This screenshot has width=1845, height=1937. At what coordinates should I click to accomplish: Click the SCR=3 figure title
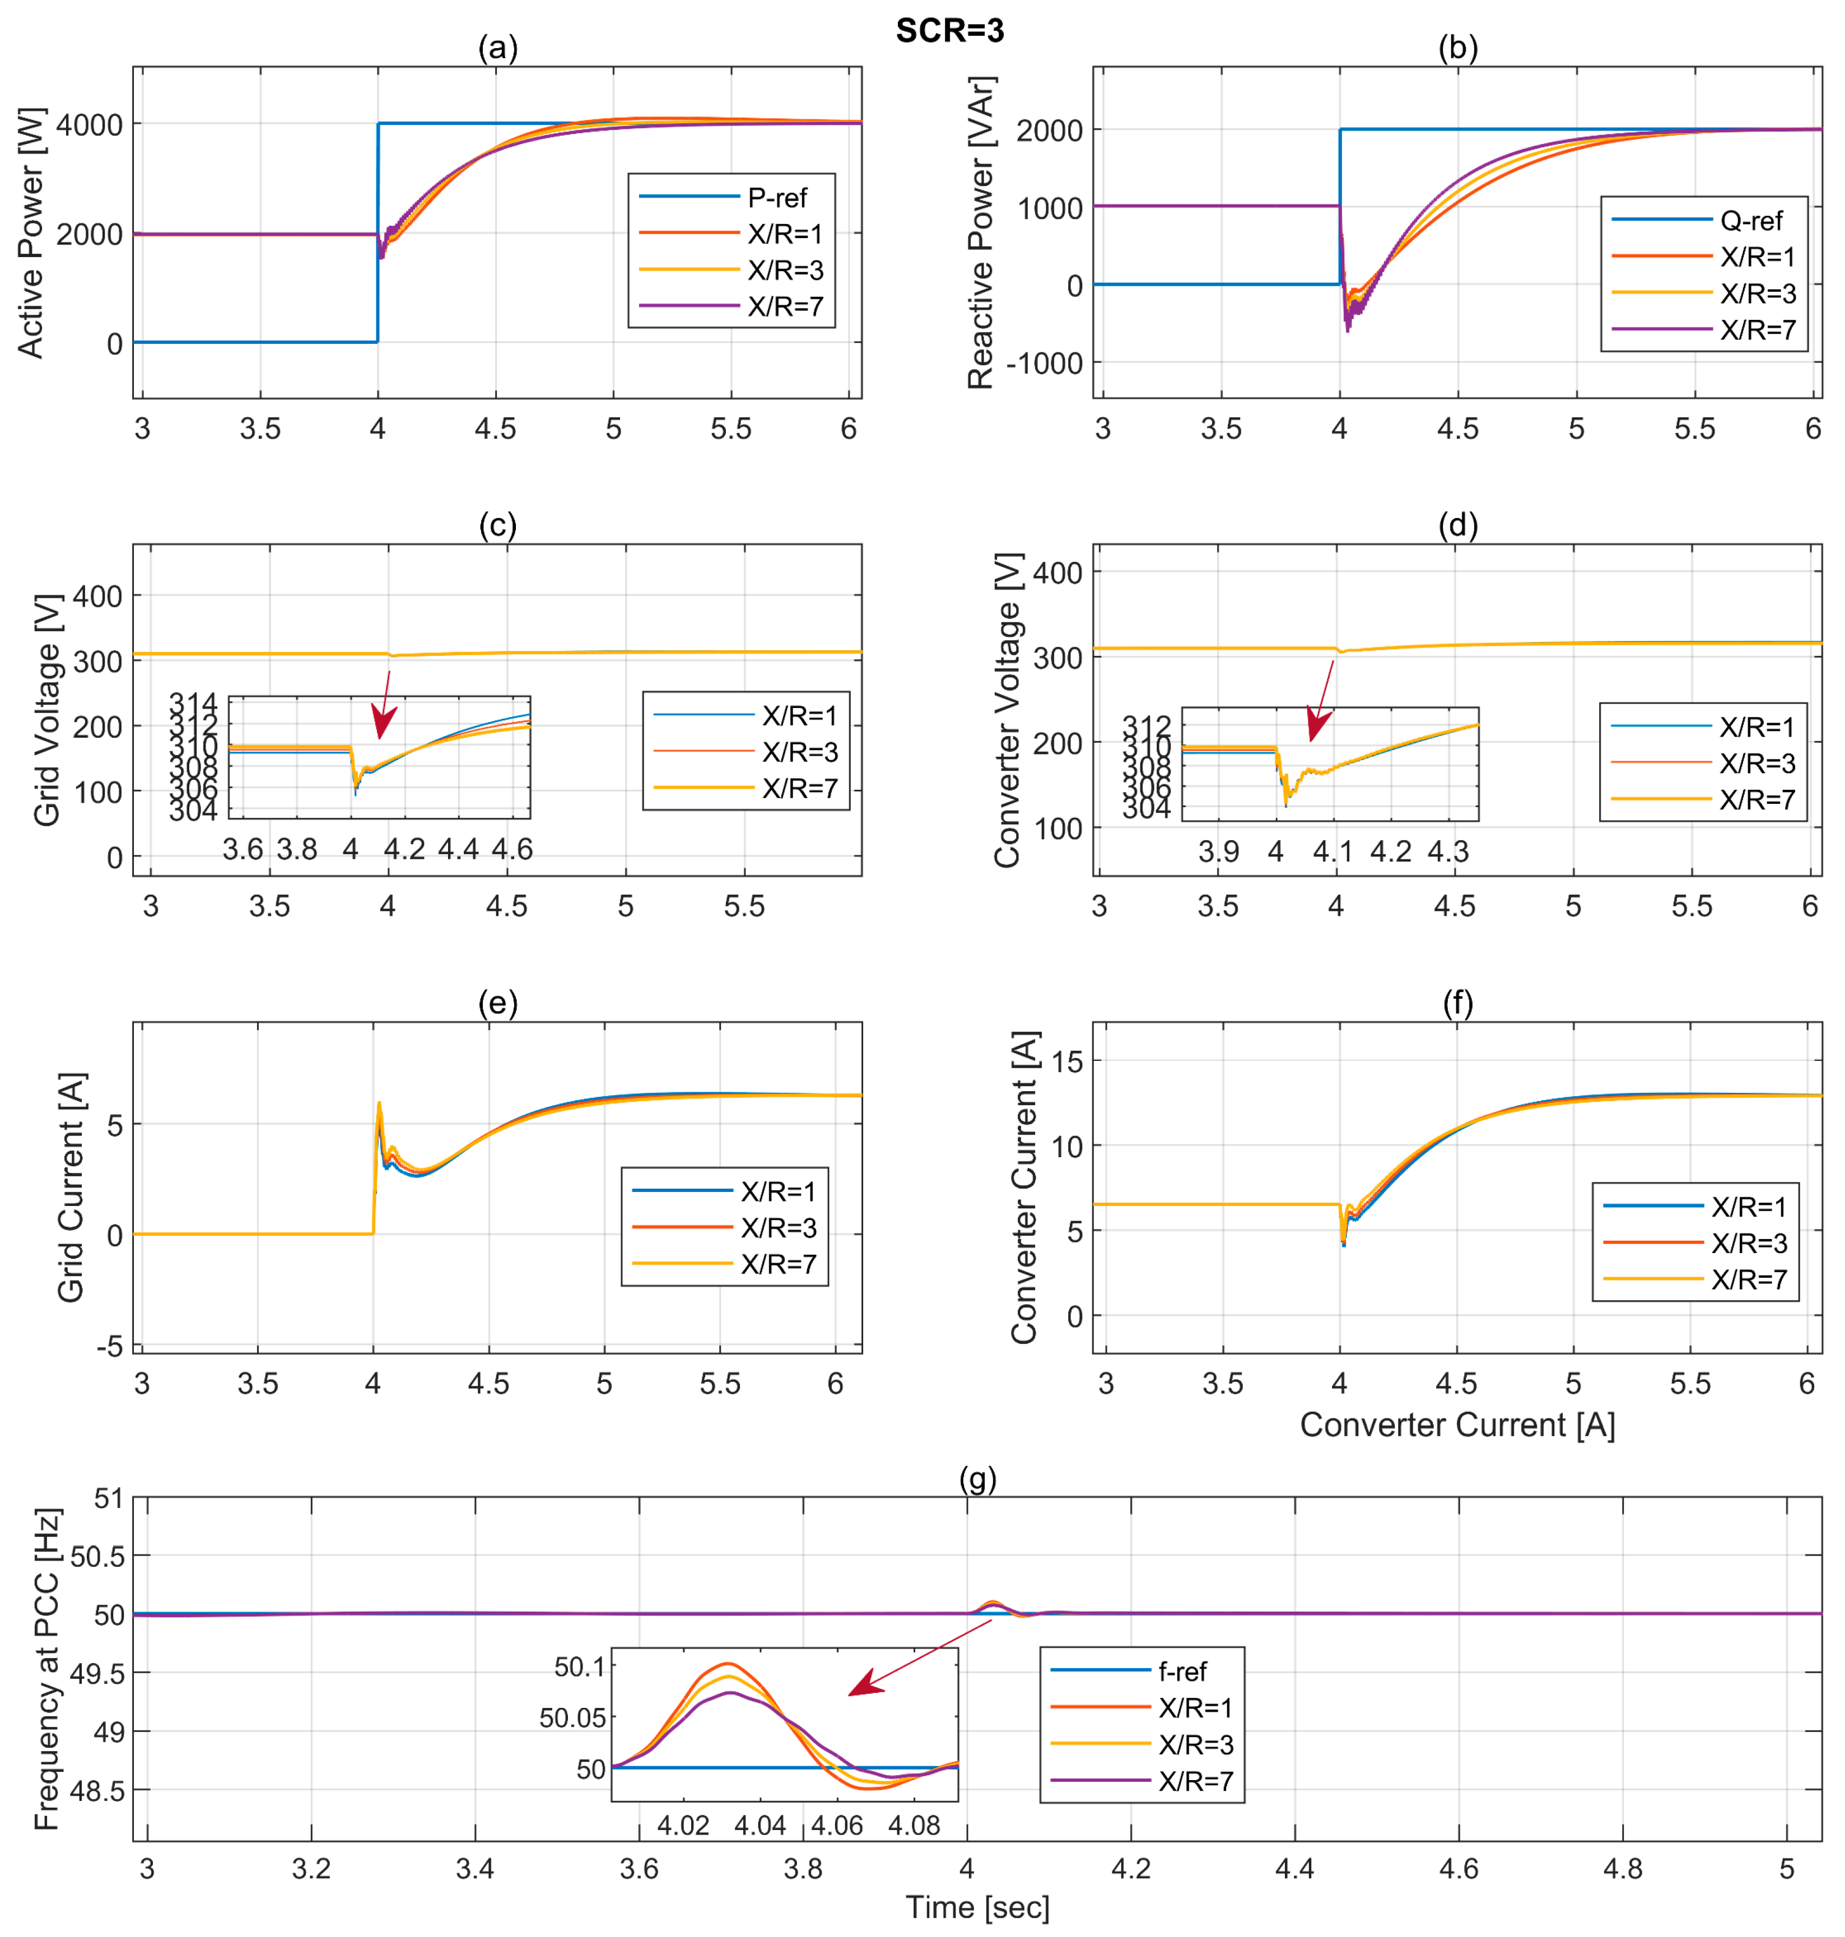pyautogui.click(x=949, y=30)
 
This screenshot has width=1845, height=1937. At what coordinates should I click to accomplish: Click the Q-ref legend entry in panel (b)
pyautogui.click(x=1750, y=220)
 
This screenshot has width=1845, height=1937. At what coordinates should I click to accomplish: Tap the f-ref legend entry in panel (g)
pyautogui.click(x=1182, y=1671)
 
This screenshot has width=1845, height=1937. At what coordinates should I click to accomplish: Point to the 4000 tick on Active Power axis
pyautogui.click(x=90, y=125)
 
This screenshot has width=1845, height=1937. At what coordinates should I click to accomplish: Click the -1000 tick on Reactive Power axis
pyautogui.click(x=1045, y=363)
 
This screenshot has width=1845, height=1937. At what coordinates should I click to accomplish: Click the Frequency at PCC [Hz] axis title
pyautogui.click(x=46, y=1669)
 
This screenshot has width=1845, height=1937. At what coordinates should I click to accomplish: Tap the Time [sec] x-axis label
pyautogui.click(x=977, y=1907)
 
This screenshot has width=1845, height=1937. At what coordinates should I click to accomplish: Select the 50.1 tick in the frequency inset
pyautogui.click(x=579, y=1666)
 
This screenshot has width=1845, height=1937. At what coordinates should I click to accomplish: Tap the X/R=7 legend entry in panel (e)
pyautogui.click(x=778, y=1264)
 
